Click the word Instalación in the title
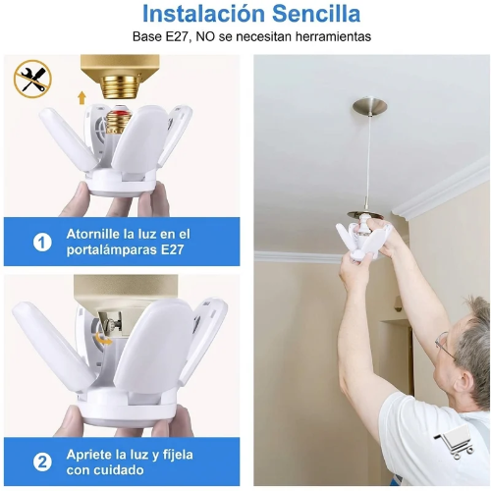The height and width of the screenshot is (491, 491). tap(203, 14)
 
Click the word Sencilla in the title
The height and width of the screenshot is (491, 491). tap(316, 14)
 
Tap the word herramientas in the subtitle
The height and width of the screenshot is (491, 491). tap(333, 36)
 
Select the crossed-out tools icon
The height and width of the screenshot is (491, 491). tap(32, 79)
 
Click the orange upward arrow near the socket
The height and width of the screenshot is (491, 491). tap(82, 98)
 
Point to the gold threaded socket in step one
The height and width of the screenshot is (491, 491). tap(120, 86)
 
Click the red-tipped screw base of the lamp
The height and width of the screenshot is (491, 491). tap(118, 123)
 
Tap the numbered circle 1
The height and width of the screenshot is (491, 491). tap(42, 243)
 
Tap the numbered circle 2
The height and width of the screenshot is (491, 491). tap(42, 463)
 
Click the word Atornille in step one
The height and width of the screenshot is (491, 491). tap(93, 234)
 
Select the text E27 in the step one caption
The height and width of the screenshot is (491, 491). tap(172, 250)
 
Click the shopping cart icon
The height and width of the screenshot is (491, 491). tap(454, 445)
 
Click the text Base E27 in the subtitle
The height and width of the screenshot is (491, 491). tap(160, 36)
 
